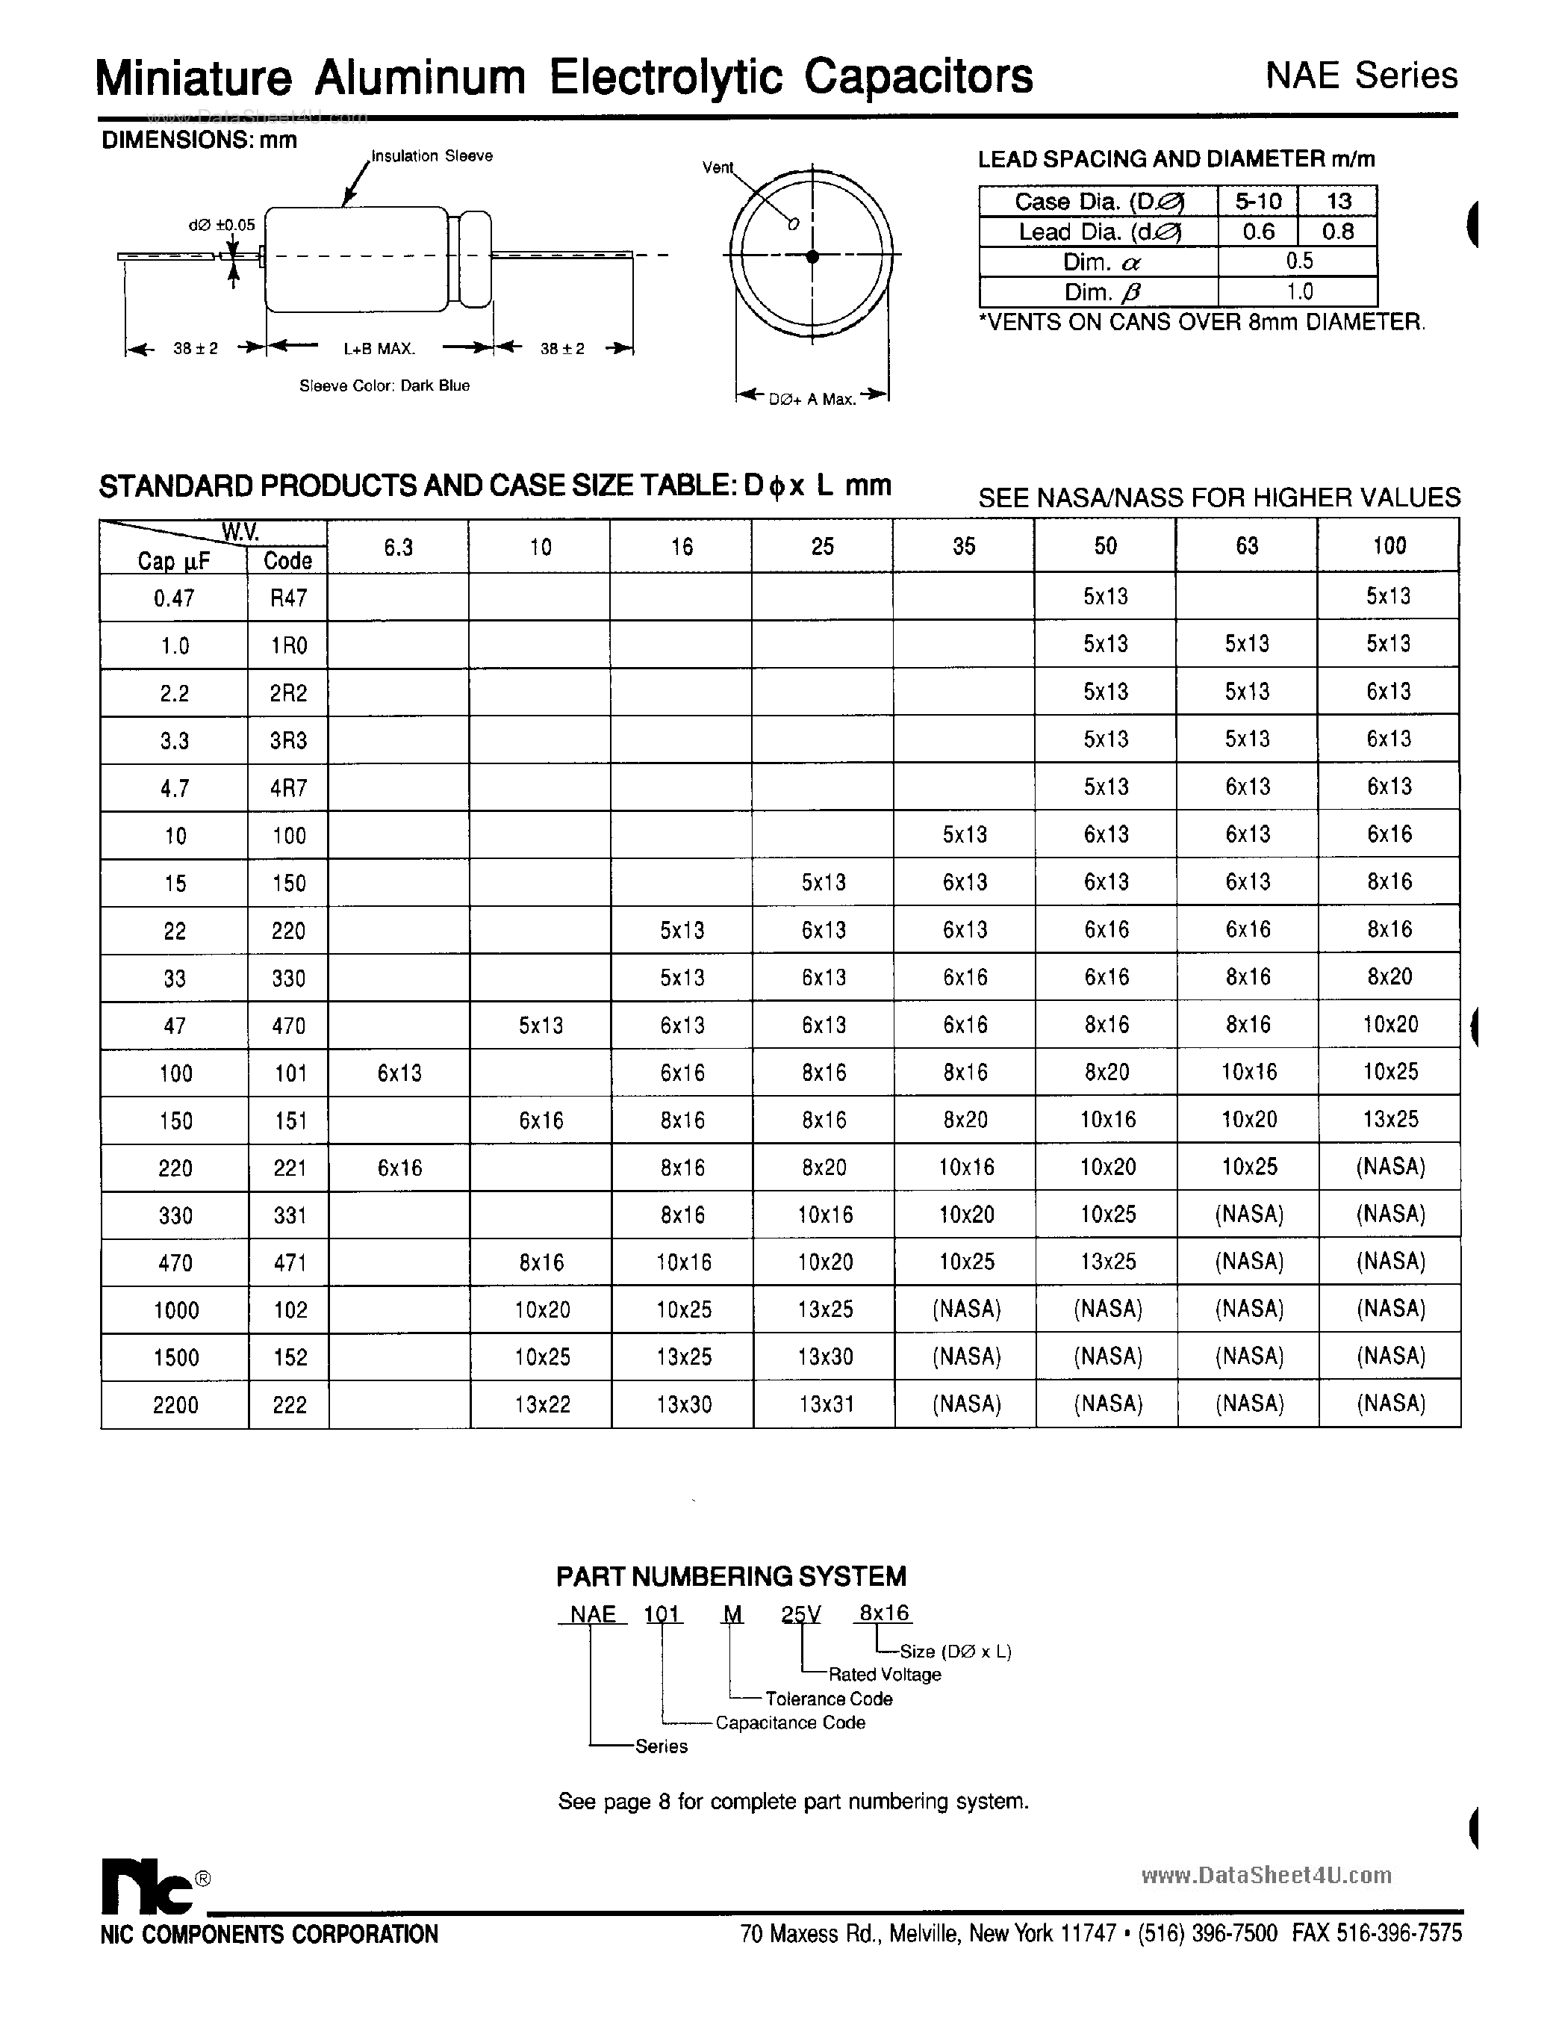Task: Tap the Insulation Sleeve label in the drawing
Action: (x=432, y=156)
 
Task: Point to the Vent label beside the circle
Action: (x=718, y=167)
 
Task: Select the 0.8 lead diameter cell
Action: (x=1338, y=231)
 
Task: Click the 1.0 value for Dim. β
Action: (x=1299, y=292)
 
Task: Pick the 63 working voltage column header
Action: (x=1247, y=547)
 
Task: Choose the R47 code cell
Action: (x=288, y=598)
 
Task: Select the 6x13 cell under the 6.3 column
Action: (x=399, y=1073)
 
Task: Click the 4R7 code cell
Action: (x=288, y=789)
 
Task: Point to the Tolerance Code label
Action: (x=828, y=1699)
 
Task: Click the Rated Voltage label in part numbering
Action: (x=885, y=1675)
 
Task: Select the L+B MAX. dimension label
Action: (x=379, y=350)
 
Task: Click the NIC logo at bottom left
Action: (x=146, y=1885)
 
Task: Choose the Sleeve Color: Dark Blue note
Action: (x=385, y=385)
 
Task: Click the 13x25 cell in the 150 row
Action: (x=1389, y=1120)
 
